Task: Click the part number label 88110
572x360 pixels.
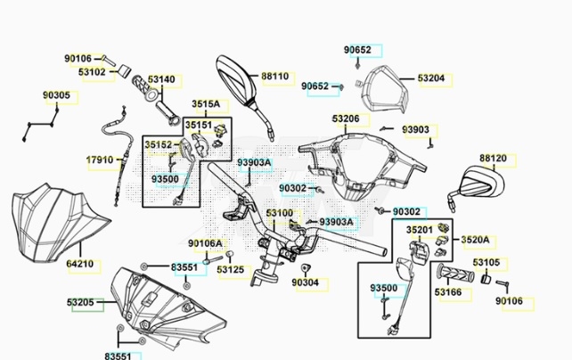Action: pyautogui.click(x=274, y=77)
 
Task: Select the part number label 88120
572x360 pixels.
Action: pyautogui.click(x=493, y=159)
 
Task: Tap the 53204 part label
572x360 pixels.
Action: pyautogui.click(x=430, y=78)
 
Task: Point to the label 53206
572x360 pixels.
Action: pyautogui.click(x=347, y=119)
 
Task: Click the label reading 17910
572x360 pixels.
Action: pyautogui.click(x=100, y=160)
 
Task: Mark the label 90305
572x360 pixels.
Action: pyautogui.click(x=57, y=94)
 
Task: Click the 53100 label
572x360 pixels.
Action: pyautogui.click(x=279, y=213)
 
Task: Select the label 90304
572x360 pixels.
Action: pyautogui.click(x=305, y=282)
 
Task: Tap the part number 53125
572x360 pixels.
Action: pyautogui.click(x=231, y=269)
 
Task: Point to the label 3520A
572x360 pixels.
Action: pyautogui.click(x=474, y=240)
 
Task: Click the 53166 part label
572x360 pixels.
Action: pyautogui.click(x=448, y=290)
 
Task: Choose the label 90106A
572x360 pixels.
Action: pyautogui.click(x=206, y=243)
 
